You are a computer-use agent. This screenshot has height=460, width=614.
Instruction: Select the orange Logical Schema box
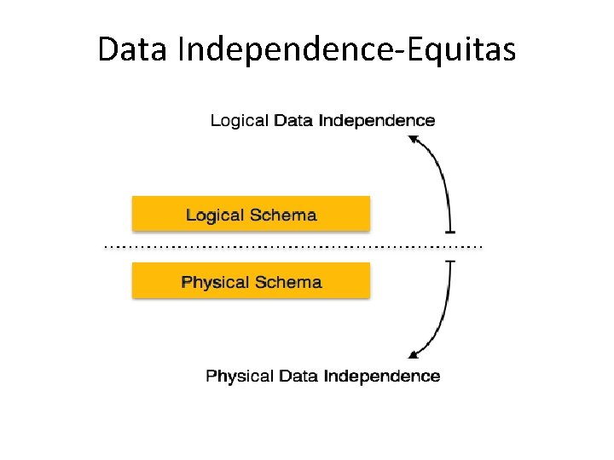251,214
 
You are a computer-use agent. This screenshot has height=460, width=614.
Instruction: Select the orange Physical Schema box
251,280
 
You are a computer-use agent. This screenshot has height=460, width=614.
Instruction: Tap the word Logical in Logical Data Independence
239,121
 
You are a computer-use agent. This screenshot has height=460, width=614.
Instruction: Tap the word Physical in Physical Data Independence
239,376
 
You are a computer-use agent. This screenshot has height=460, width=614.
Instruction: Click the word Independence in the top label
376,121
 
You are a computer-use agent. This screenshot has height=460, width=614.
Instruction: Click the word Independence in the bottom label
382,376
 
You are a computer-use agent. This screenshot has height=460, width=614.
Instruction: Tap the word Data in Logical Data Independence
293,121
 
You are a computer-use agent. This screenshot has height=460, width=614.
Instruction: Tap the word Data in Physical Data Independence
298,376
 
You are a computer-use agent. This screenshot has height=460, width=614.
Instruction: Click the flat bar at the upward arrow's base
449,231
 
